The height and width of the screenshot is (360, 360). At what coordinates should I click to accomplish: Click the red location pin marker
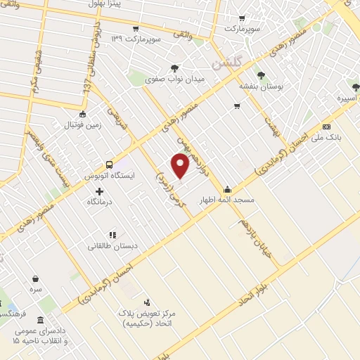coord(181,166)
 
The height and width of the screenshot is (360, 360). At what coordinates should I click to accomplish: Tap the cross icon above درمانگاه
coord(99,191)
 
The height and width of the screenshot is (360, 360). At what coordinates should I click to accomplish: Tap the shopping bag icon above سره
coord(35,278)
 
